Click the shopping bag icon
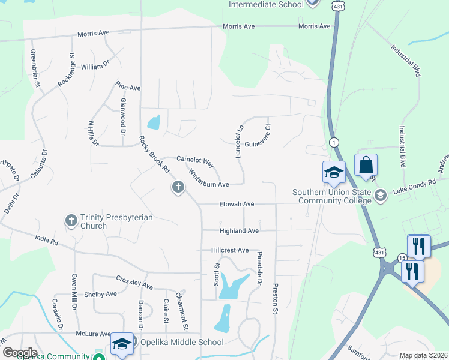point(366,165)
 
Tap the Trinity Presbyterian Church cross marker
point(71,221)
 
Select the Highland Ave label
point(239,230)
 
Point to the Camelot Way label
point(195,161)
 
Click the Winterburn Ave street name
point(208,178)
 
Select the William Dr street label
point(95,67)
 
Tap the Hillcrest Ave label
point(229,250)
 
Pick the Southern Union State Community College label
point(332,196)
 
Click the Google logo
point(19,352)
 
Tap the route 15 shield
point(402,258)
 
